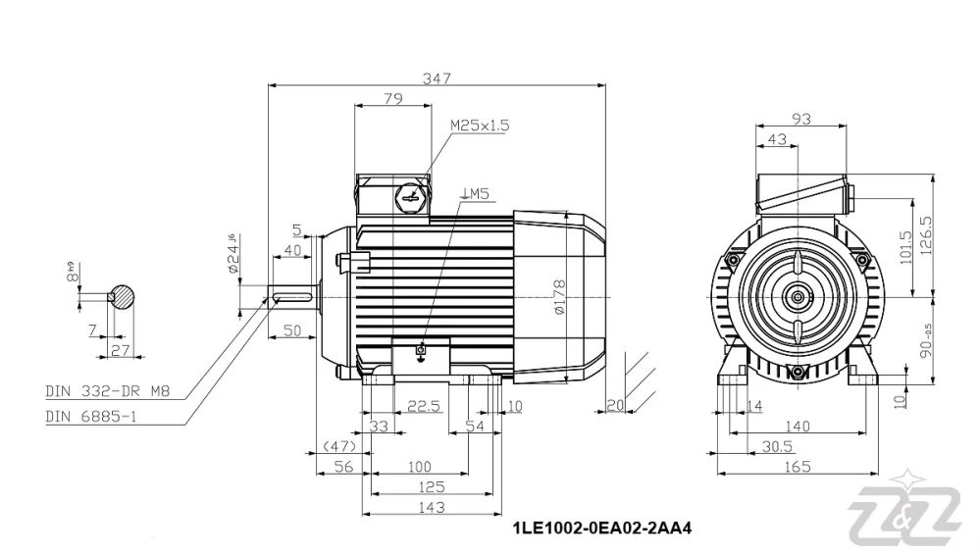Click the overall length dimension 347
[437, 78]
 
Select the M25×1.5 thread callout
[480, 126]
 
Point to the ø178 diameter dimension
[558, 297]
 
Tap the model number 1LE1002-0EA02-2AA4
[602, 529]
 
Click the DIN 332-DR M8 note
[108, 391]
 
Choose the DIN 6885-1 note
[94, 416]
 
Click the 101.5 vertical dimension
[905, 245]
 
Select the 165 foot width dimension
[798, 467]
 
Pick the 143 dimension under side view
[431, 507]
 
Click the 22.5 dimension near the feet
[424, 406]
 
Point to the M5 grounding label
[475, 194]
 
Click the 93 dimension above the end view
[800, 120]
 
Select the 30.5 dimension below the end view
[776, 446]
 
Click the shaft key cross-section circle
[124, 296]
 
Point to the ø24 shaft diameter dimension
[232, 257]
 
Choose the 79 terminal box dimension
[392, 98]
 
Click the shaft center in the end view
[797, 296]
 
